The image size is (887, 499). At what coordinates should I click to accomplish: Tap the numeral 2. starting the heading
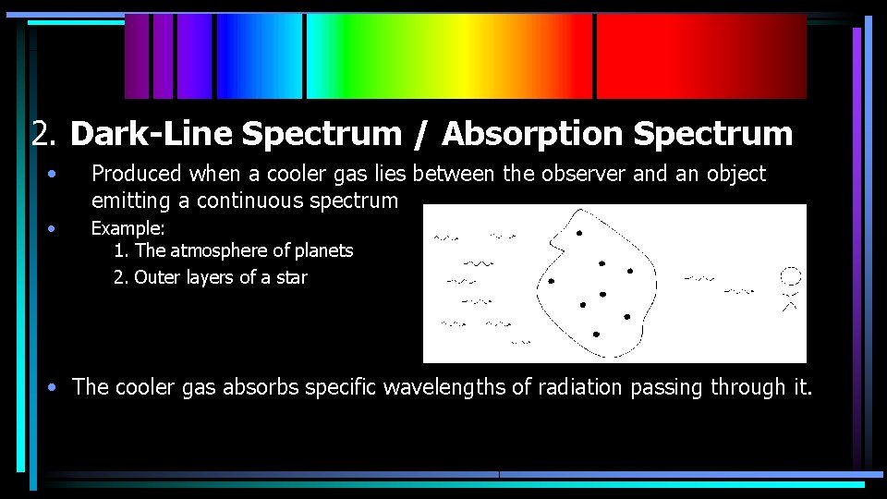pos(45,134)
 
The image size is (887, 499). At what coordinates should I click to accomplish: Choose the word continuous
pos(252,201)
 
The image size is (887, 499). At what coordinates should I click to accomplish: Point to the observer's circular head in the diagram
pos(790,276)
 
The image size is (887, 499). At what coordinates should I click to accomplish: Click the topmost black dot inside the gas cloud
pos(579,233)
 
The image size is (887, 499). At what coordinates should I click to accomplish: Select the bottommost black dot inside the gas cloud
pos(596,334)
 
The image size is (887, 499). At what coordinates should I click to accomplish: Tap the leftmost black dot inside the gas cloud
pos(552,281)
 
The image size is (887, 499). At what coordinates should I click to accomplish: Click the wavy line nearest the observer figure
pos(738,292)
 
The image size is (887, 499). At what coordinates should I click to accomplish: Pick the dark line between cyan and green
pos(305,56)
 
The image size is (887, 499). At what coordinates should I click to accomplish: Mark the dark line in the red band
pos(595,56)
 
